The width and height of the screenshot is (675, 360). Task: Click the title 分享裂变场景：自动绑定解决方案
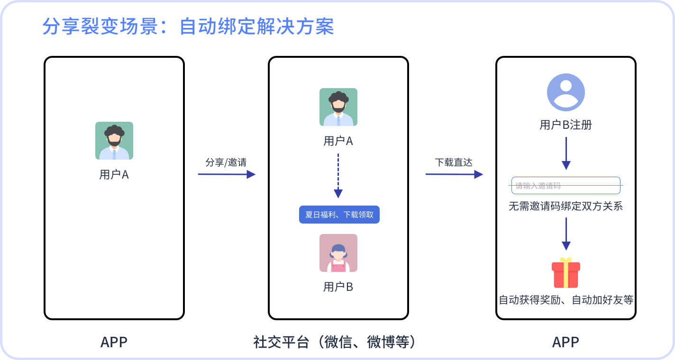[188, 27]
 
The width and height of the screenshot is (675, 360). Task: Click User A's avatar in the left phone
[114, 141]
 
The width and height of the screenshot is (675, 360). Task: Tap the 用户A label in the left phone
[114, 175]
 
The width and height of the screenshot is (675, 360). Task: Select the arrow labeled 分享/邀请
[227, 174]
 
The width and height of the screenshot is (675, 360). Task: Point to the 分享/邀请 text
[226, 162]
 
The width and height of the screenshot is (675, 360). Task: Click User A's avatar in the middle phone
[338, 107]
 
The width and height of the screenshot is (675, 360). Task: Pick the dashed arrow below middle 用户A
[338, 175]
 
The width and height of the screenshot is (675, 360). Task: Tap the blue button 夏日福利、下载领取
[339, 215]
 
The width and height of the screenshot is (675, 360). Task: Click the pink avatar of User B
[338, 253]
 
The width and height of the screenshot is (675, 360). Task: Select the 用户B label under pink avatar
[338, 287]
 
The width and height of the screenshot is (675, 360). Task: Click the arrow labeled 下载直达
[454, 174]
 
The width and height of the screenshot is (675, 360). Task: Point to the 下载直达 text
[454, 162]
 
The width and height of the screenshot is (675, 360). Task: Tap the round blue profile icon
[566, 92]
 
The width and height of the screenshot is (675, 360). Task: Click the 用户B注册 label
[566, 125]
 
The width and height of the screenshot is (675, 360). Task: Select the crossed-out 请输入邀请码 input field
[566, 185]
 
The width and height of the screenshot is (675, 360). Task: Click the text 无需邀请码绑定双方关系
[566, 207]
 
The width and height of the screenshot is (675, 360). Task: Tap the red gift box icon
[566, 273]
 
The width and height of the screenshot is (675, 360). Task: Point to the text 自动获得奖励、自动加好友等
[566, 300]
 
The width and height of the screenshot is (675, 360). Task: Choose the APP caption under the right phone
[566, 342]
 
